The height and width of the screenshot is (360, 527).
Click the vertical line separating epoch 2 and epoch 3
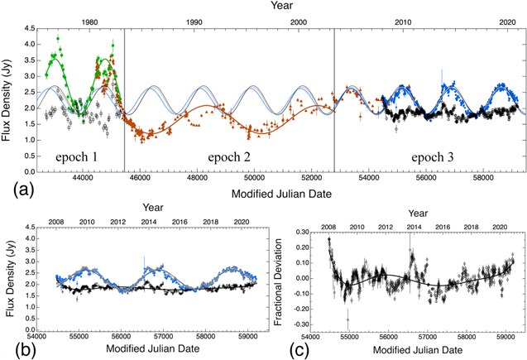click(x=334, y=99)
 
